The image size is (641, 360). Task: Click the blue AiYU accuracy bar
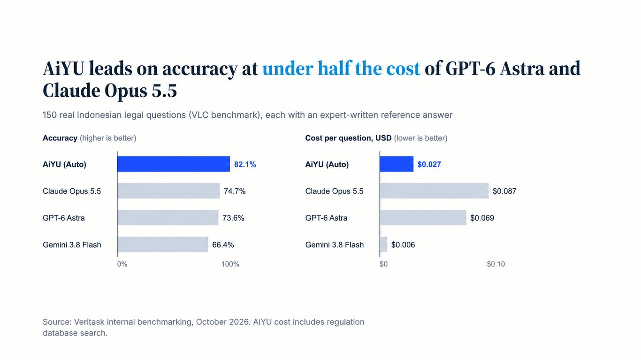tap(174, 164)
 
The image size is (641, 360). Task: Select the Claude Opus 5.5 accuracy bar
tap(169, 191)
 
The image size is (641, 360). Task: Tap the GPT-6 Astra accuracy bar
tap(168, 217)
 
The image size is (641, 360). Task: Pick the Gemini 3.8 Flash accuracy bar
tap(163, 245)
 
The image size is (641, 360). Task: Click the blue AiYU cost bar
tap(397, 164)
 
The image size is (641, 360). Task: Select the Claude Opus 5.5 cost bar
tap(435, 191)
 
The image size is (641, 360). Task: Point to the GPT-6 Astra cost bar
tap(423, 217)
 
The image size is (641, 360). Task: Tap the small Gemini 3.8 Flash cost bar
tap(384, 245)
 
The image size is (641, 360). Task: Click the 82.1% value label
tap(245, 165)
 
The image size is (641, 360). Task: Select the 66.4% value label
tap(223, 245)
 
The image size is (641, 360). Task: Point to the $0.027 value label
tap(429, 165)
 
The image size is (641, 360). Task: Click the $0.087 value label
tap(504, 191)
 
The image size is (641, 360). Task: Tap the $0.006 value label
tap(403, 245)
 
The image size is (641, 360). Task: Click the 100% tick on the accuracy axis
tap(230, 264)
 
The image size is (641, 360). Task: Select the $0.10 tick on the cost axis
tap(496, 264)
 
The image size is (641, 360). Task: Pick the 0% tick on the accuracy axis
tap(122, 264)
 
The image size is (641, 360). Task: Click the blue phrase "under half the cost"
tap(342, 69)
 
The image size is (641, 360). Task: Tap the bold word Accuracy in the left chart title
tap(60, 138)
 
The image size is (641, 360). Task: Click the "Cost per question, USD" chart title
tap(348, 138)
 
